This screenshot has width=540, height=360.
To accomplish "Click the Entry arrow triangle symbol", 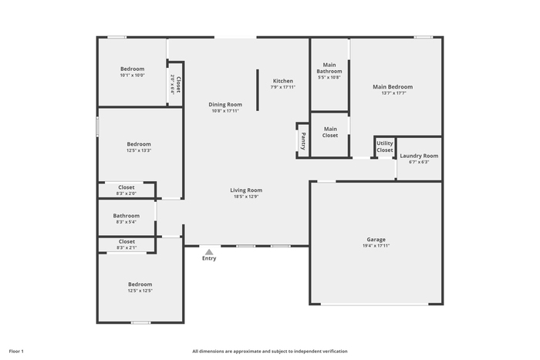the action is pyautogui.click(x=209, y=252).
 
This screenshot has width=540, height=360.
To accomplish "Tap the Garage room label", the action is pyautogui.click(x=376, y=239).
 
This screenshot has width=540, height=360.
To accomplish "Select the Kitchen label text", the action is pyautogui.click(x=283, y=81).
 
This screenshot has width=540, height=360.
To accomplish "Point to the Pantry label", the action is pyautogui.click(x=303, y=141).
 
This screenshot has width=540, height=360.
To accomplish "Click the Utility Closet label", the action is pyautogui.click(x=385, y=146).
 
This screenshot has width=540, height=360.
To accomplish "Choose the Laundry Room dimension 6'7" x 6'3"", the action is pyautogui.click(x=419, y=162).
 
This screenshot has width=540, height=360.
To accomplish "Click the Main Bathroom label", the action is pyautogui.click(x=329, y=68).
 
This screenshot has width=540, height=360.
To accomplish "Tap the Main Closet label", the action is pyautogui.click(x=330, y=132).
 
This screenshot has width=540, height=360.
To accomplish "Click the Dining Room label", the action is pyautogui.click(x=225, y=104).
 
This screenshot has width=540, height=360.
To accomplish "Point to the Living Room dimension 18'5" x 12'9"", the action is pyautogui.click(x=246, y=197).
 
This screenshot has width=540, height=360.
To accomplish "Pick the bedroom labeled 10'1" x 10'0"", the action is pyautogui.click(x=132, y=72).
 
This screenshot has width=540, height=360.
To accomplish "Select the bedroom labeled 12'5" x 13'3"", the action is pyautogui.click(x=139, y=146).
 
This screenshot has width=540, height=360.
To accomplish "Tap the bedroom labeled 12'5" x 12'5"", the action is pyautogui.click(x=140, y=287).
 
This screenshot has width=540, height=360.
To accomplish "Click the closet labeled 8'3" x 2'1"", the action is pyautogui.click(x=127, y=244).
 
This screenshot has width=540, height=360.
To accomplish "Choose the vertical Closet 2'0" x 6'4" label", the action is pyautogui.click(x=175, y=84).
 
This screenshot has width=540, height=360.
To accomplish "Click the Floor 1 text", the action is pyautogui.click(x=16, y=352).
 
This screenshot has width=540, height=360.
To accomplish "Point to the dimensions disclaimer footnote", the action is pyautogui.click(x=270, y=352).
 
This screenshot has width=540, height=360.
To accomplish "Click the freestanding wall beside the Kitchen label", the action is pyautogui.click(x=257, y=90).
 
